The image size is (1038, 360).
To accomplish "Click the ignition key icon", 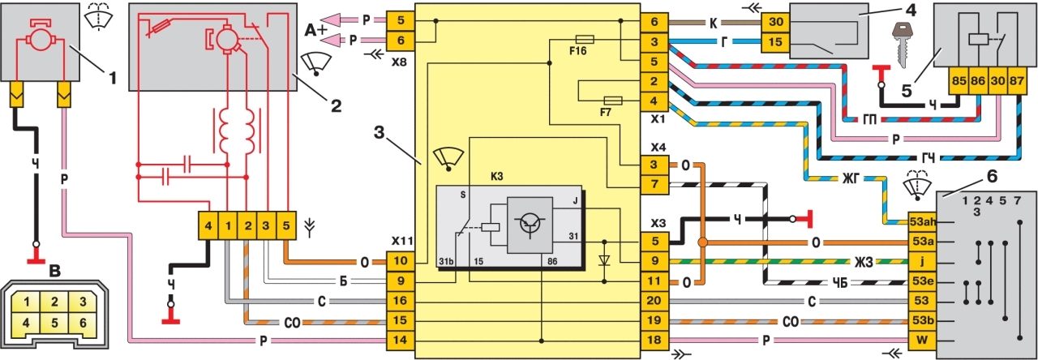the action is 903,45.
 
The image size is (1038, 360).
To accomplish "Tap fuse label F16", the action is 578,51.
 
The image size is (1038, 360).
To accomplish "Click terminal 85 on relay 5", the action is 959,80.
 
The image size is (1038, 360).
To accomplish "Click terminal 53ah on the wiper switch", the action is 922,221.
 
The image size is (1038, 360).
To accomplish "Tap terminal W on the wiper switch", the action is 922,341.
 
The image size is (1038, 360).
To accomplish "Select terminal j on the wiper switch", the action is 922,261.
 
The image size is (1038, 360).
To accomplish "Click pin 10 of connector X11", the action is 401,261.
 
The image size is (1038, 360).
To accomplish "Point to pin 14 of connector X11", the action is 401,340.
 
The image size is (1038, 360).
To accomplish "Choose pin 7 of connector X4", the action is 654,184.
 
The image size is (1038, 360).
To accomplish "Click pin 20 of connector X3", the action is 654,301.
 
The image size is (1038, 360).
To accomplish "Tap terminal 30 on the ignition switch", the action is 775,22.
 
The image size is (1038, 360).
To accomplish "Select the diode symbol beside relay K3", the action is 604,261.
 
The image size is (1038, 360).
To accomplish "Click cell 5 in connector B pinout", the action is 54,323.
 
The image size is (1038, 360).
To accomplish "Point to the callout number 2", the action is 335,106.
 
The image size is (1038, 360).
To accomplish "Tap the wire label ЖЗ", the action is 863,262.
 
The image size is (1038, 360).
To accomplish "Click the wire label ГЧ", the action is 928,159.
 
